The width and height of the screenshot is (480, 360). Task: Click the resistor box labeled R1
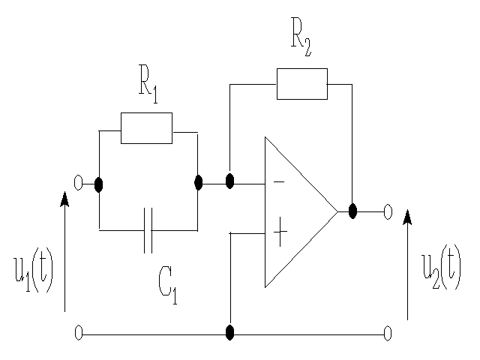[146, 128]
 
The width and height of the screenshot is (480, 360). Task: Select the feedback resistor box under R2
[301, 83]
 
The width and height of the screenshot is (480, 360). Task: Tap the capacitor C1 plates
[148, 230]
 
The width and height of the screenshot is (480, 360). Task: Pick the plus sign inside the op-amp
[280, 235]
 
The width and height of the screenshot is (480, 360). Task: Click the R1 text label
[148, 85]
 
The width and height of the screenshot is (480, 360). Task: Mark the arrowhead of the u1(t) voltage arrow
[65, 199]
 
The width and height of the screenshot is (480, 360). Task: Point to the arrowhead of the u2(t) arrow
[407, 217]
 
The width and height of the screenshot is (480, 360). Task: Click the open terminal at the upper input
[78, 182]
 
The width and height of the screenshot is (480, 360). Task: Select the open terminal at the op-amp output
[388, 212]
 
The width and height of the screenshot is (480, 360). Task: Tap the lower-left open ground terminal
[78, 333]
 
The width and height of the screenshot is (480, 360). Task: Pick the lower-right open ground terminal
[388, 334]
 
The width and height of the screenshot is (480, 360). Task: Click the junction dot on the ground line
[230, 333]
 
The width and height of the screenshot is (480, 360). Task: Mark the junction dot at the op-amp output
[352, 211]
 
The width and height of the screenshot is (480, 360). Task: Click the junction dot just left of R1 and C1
[99, 184]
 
